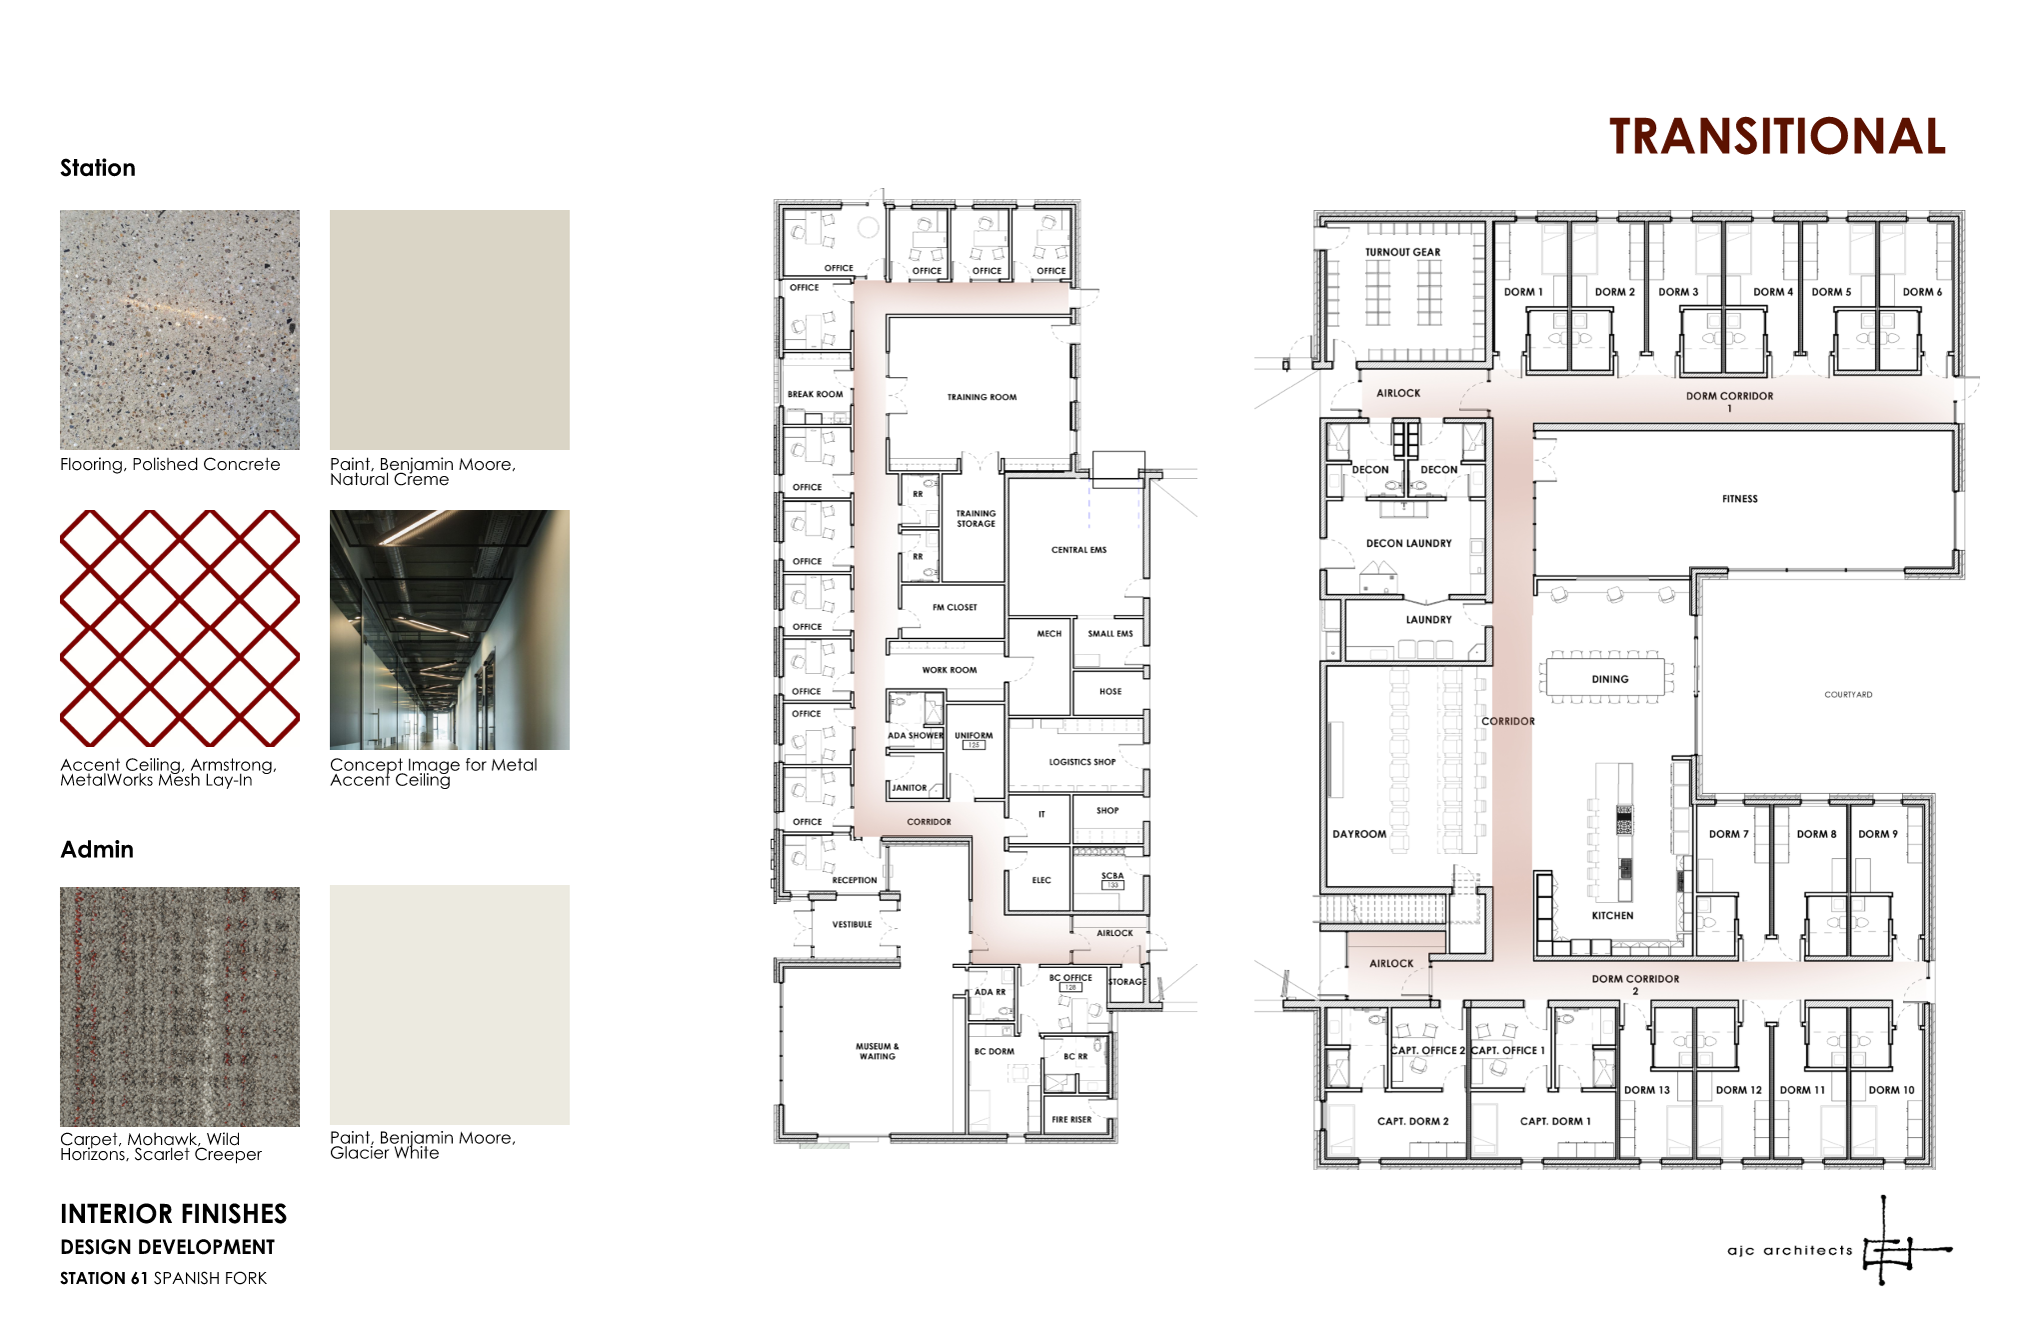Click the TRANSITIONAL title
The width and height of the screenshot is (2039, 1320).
(x=1777, y=137)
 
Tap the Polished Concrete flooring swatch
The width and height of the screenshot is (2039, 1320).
(x=180, y=330)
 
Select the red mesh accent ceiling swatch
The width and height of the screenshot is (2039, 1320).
(x=180, y=629)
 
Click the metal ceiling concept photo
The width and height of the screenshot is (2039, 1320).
(x=450, y=630)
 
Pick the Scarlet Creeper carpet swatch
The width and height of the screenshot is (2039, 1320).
(x=180, y=1007)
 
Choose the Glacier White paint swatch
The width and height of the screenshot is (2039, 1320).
(x=450, y=1005)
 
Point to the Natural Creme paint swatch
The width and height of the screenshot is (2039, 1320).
(x=450, y=330)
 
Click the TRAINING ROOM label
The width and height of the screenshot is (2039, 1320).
(x=982, y=397)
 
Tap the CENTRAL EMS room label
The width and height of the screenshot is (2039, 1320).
(x=1078, y=550)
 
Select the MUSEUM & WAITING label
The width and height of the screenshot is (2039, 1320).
(x=877, y=1051)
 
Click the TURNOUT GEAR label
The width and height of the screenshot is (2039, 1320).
(x=1402, y=252)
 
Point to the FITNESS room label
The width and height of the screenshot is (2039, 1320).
(x=1739, y=499)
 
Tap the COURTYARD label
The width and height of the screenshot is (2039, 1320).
(x=1848, y=694)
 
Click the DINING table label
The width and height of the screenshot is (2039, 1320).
(x=1609, y=679)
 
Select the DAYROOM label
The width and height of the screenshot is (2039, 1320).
(x=1358, y=834)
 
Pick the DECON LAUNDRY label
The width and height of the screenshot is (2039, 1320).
(x=1408, y=544)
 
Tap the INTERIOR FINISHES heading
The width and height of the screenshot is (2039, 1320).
(x=173, y=1214)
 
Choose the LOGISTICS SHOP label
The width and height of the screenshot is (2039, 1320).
(x=1081, y=762)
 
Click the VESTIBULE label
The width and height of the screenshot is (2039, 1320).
(x=852, y=925)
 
